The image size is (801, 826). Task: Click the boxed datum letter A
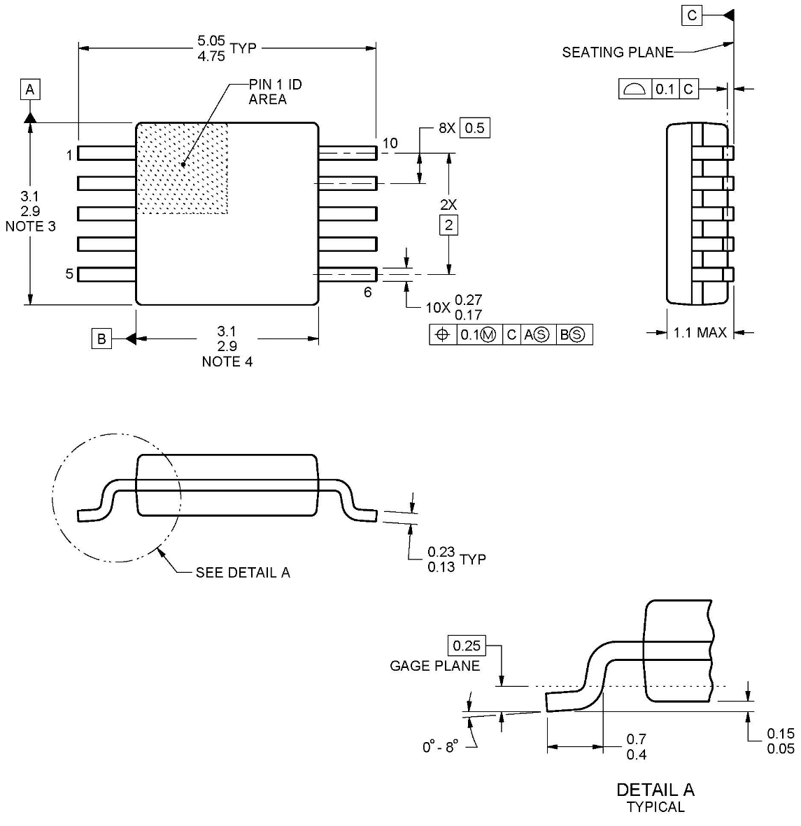click(x=30, y=90)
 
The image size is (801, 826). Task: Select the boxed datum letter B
click(x=101, y=339)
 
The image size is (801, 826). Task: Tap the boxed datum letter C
click(x=692, y=15)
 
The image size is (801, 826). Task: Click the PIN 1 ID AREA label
click(x=275, y=92)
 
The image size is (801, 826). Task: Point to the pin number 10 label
click(x=390, y=143)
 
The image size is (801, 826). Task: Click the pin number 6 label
click(x=368, y=292)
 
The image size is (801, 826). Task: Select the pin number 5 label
click(x=69, y=274)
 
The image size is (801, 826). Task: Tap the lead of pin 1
click(x=106, y=152)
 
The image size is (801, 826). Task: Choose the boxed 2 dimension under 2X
click(x=448, y=225)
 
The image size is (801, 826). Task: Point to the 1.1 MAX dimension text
click(x=700, y=333)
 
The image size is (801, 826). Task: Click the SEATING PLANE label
click(x=617, y=52)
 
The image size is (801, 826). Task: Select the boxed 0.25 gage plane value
click(x=467, y=646)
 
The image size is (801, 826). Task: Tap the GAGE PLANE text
click(x=434, y=666)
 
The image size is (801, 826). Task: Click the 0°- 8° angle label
click(x=439, y=747)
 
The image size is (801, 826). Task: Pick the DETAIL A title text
click(x=655, y=790)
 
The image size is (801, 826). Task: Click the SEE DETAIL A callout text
click(x=242, y=573)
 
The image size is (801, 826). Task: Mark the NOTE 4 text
click(x=227, y=362)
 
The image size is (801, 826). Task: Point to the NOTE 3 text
click(x=30, y=226)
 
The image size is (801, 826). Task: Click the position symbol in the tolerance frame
click(x=442, y=335)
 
